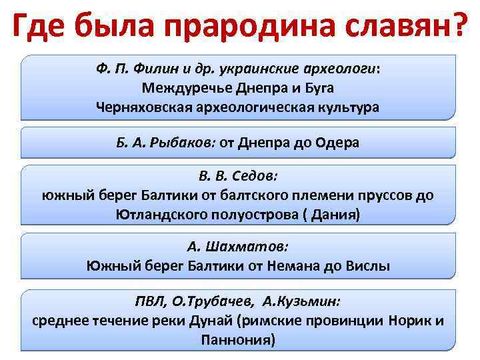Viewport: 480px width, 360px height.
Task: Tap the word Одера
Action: [x=337, y=143]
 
